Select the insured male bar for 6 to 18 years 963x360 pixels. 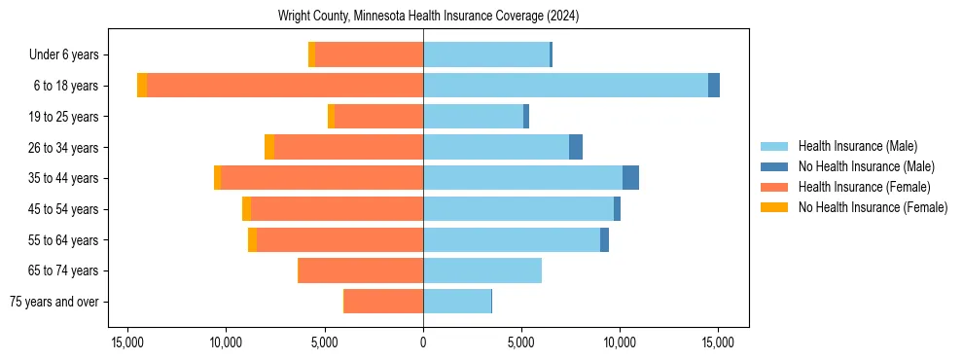click(565, 86)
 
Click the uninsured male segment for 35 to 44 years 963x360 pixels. click(630, 178)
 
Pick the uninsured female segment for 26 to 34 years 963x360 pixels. click(269, 147)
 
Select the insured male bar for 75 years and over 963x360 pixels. click(457, 302)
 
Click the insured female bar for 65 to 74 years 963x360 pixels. click(360, 270)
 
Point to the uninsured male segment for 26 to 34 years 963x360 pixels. click(576, 147)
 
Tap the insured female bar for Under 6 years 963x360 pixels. click(369, 54)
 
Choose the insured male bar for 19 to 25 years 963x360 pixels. click(473, 117)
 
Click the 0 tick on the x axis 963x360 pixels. click(423, 342)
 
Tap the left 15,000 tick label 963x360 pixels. click(127, 342)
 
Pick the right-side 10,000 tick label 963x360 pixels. click(620, 342)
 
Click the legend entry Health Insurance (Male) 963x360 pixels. click(857, 146)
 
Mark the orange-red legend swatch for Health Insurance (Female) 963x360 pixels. click(774, 187)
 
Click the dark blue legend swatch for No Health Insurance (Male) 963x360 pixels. click(774, 166)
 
